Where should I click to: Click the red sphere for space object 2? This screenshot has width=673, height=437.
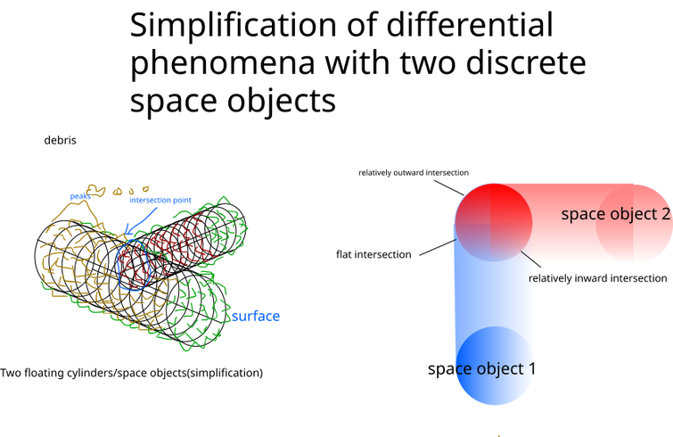pos(493,222)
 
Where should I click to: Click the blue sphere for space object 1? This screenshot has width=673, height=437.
pos(493,367)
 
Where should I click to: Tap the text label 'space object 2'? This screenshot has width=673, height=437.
pos(615,214)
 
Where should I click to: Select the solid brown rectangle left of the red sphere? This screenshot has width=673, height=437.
pos(348,214)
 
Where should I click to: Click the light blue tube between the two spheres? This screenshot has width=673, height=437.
pos(493,294)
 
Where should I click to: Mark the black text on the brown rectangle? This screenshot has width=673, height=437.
pos(374,258)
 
